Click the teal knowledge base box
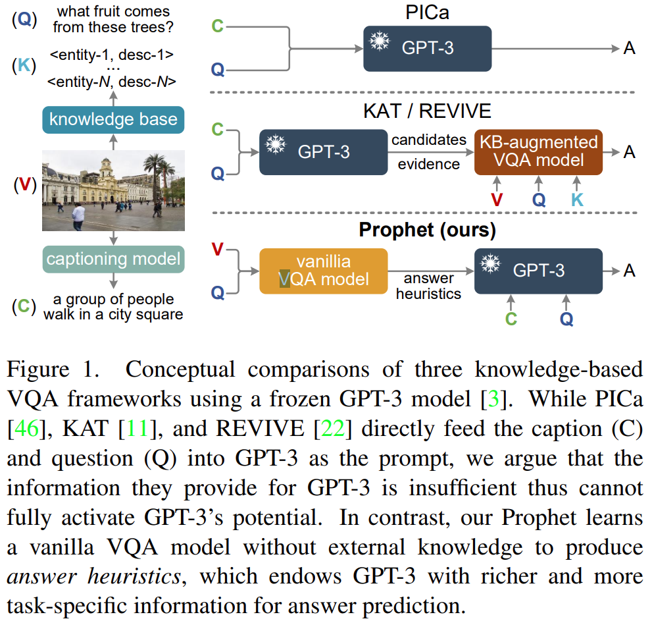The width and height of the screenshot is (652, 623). pyautogui.click(x=113, y=119)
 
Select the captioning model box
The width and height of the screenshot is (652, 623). pyautogui.click(x=113, y=258)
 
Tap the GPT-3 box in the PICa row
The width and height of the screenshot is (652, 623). pyautogui.click(x=428, y=49)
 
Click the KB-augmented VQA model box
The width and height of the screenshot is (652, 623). pyautogui.click(x=538, y=152)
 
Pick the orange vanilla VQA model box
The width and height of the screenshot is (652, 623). pyautogui.click(x=323, y=270)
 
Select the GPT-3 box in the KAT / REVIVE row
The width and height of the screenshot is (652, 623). pyautogui.click(x=323, y=152)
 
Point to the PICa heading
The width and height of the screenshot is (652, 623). pyautogui.click(x=428, y=11)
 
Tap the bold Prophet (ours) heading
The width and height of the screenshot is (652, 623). pyautogui.click(x=427, y=230)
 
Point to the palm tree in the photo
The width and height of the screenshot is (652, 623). pyautogui.click(x=156, y=173)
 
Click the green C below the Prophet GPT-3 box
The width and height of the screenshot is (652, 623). pyautogui.click(x=511, y=319)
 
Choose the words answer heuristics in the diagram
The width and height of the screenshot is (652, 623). pyautogui.click(x=428, y=286)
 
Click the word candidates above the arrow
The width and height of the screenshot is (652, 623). pyautogui.click(x=429, y=140)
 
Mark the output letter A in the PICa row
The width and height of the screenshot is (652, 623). pyautogui.click(x=629, y=49)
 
